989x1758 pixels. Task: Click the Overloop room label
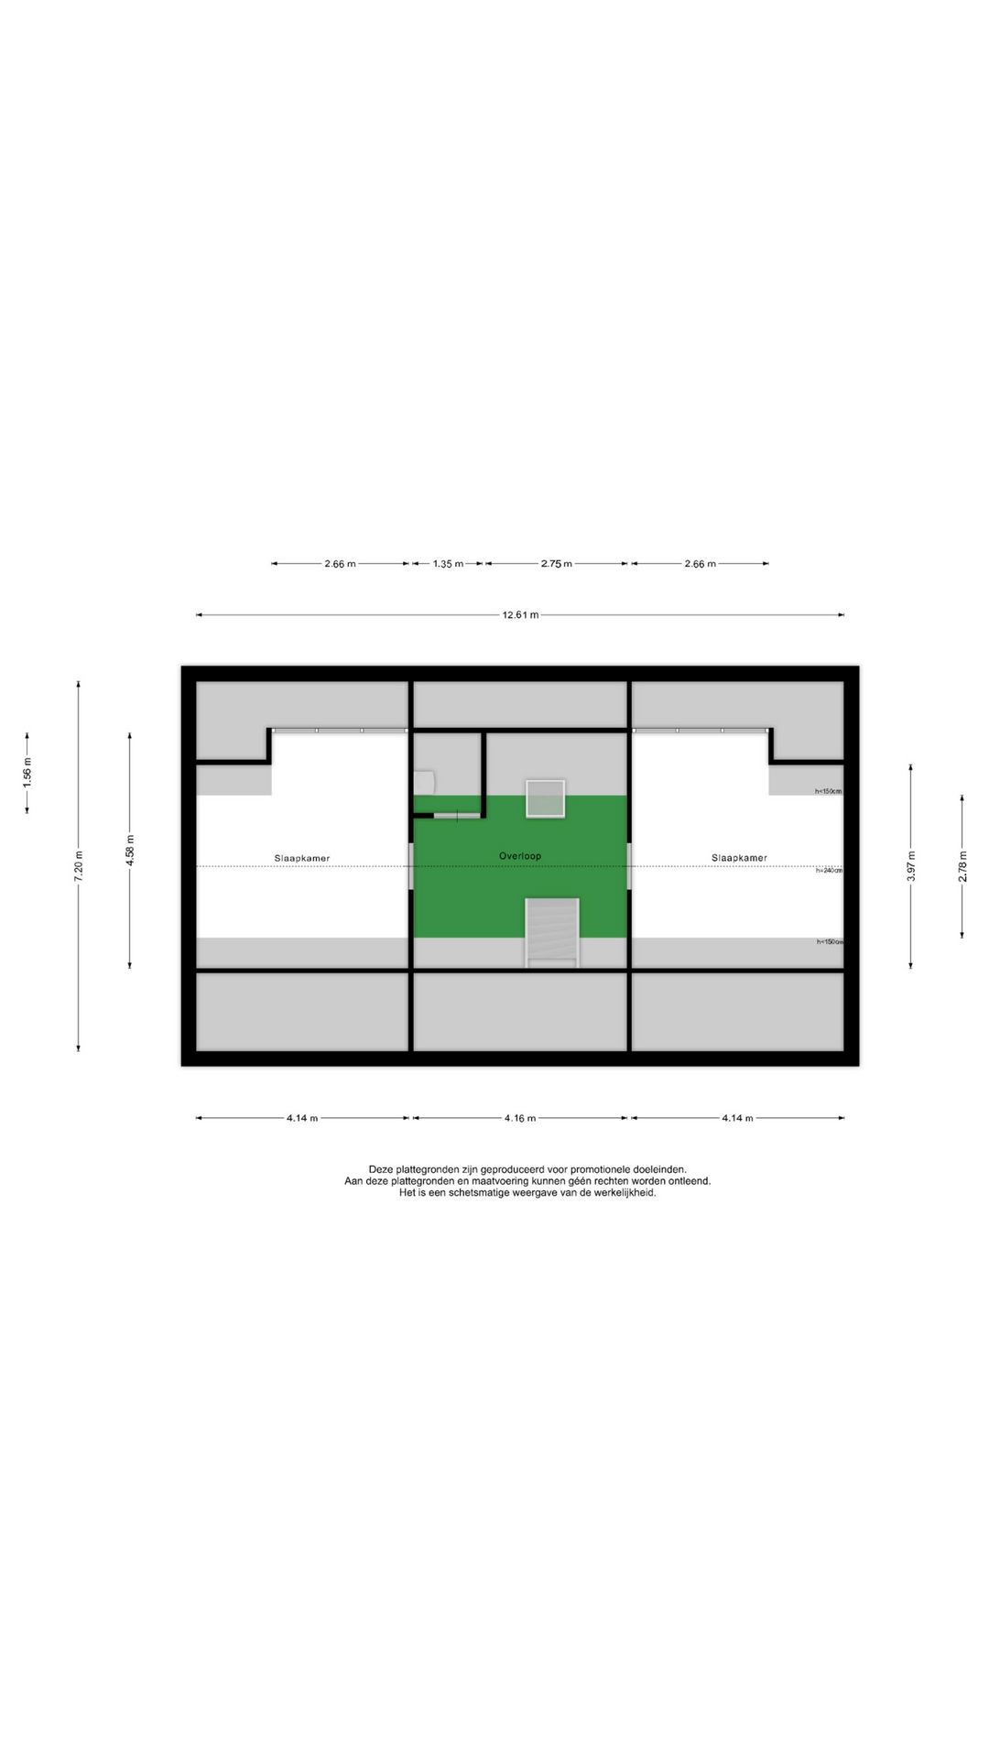pyautogui.click(x=520, y=856)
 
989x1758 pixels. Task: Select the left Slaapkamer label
pyautogui.click(x=302, y=858)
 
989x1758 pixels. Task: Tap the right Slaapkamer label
pyautogui.click(x=739, y=858)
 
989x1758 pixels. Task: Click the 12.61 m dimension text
pyautogui.click(x=520, y=615)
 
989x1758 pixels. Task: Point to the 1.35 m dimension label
pyautogui.click(x=448, y=564)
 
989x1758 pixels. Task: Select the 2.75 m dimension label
pyautogui.click(x=556, y=564)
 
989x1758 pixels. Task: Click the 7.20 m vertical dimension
pyautogui.click(x=79, y=866)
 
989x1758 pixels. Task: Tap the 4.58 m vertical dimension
pyautogui.click(x=130, y=850)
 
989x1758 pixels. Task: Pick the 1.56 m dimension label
pyautogui.click(x=27, y=773)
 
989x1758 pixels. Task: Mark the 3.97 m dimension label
pyautogui.click(x=911, y=866)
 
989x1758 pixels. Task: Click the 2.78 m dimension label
pyautogui.click(x=962, y=866)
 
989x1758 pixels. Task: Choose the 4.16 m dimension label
pyautogui.click(x=520, y=1118)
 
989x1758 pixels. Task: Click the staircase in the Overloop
pyautogui.click(x=552, y=932)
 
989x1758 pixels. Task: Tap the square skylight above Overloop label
pyautogui.click(x=545, y=798)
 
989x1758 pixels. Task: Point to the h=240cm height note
pyautogui.click(x=829, y=870)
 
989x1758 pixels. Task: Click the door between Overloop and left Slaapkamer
pyautogui.click(x=411, y=865)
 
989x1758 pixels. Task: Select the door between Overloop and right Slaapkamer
pyautogui.click(x=629, y=865)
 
